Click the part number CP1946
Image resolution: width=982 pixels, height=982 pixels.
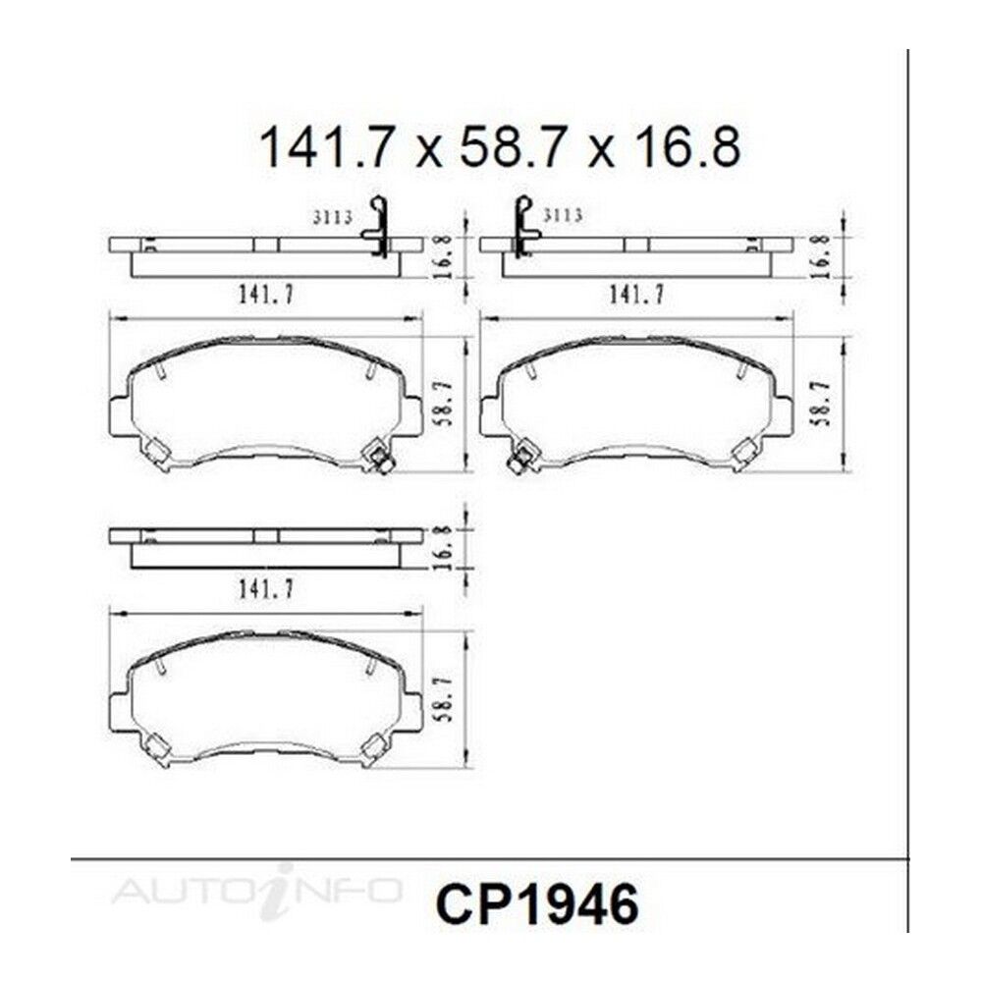click(x=537, y=904)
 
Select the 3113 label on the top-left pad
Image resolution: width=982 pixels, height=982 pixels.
click(x=333, y=217)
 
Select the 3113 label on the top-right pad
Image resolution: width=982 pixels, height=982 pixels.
click(x=563, y=215)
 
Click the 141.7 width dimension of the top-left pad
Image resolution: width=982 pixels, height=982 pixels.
click(x=265, y=294)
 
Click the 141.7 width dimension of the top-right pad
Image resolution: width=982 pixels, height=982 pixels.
click(x=637, y=294)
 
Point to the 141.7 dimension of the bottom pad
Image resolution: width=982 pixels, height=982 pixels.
click(x=265, y=588)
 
